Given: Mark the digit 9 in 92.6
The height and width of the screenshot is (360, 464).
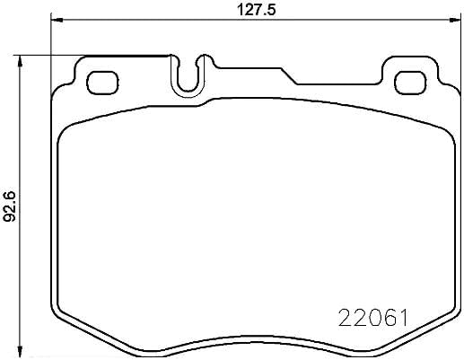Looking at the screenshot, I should (x=10, y=215).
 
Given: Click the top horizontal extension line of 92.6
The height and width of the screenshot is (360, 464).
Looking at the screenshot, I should (x=90, y=55).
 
